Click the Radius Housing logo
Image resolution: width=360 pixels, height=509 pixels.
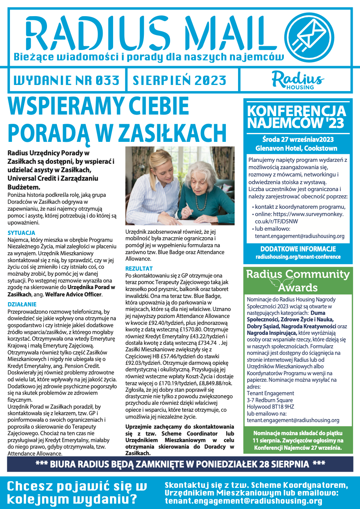tap(298, 80)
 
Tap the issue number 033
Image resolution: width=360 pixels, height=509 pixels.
tap(107, 80)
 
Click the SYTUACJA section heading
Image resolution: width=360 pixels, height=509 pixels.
tap(21, 233)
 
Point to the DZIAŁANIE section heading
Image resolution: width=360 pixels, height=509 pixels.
tap(22, 304)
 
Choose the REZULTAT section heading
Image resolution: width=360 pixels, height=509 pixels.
tap(139, 268)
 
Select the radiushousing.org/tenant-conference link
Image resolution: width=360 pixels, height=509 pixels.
tap(298, 257)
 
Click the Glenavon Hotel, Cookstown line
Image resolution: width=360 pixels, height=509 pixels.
tap(296, 148)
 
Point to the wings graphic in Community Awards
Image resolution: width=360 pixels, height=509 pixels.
tap(280, 283)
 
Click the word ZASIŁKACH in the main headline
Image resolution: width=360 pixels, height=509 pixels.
tap(172, 133)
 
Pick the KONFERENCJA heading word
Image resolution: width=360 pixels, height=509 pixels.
tap(297, 111)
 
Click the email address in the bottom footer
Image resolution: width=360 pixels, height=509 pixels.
tap(243, 501)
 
